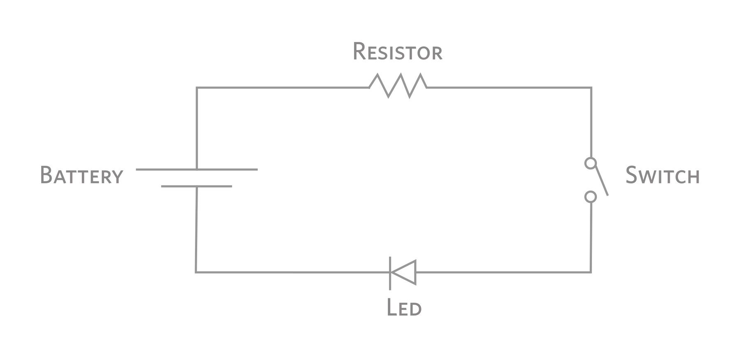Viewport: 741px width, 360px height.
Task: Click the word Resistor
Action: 397,52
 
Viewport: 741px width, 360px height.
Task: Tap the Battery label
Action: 82,175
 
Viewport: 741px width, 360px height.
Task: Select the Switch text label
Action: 662,176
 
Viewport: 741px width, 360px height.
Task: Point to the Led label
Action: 404,307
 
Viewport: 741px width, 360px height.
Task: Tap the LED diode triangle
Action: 405,272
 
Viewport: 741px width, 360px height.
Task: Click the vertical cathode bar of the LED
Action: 390,273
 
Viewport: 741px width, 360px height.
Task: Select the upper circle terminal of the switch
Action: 590,163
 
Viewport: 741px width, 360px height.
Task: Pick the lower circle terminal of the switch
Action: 590,197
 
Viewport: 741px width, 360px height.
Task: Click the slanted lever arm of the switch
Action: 602,181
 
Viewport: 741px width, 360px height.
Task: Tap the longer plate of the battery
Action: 196,169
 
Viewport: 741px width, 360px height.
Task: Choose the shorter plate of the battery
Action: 196,186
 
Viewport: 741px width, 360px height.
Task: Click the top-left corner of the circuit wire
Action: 197,88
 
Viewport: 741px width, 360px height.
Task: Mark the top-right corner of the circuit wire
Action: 591,88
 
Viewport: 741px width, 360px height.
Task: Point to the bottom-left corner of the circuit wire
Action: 196,272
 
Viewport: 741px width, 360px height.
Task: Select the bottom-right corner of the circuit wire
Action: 591,272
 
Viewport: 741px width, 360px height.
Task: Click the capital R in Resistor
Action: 359,51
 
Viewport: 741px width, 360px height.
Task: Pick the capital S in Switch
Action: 632,175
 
